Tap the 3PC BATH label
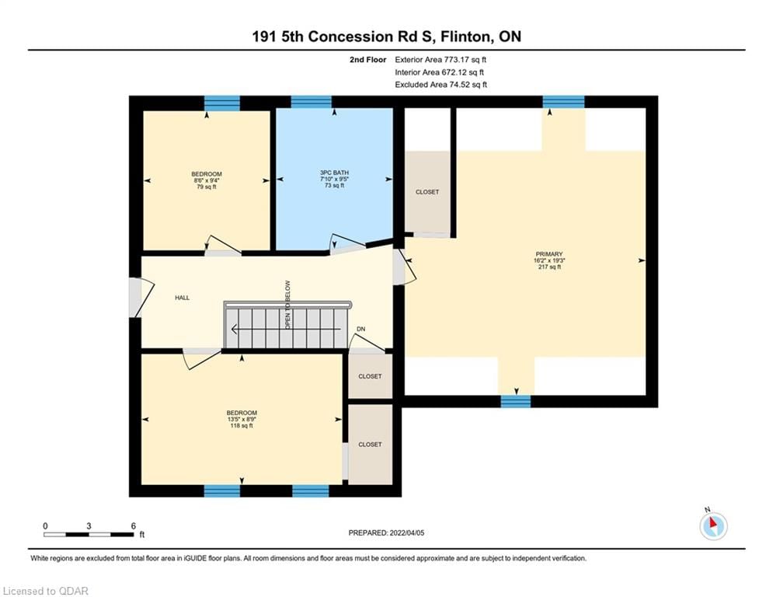click(334, 173)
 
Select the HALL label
click(182, 298)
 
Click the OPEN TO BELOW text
click(287, 304)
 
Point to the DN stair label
click(360, 330)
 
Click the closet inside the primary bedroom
click(427, 192)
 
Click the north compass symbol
click(712, 525)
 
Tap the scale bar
click(89, 534)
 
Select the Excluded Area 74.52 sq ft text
click(440, 85)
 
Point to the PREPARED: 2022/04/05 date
click(387, 532)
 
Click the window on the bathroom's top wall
click(311, 102)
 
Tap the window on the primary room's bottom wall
click(515, 401)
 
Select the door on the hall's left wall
click(135, 297)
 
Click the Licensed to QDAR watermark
click(46, 591)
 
